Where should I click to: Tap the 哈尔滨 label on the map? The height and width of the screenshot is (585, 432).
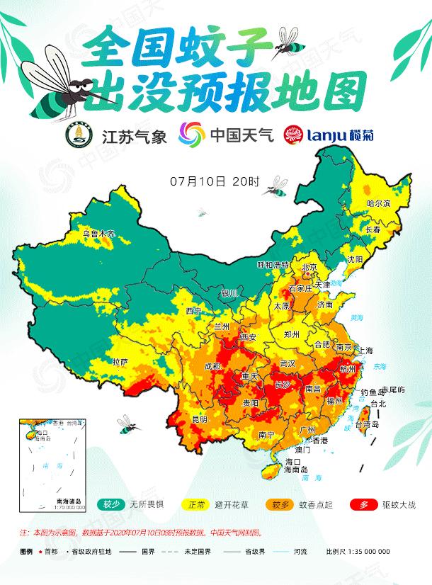click(378, 203)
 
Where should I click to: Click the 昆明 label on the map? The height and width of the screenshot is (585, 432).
click(200, 419)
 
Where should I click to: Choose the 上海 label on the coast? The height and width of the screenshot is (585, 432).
click(366, 350)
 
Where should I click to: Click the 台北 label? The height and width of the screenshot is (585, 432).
click(379, 404)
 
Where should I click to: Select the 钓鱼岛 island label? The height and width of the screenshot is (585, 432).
click(373, 392)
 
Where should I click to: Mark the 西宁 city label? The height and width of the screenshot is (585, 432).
click(193, 311)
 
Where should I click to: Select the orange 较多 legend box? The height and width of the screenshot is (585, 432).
click(279, 504)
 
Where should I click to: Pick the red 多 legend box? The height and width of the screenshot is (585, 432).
click(363, 504)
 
